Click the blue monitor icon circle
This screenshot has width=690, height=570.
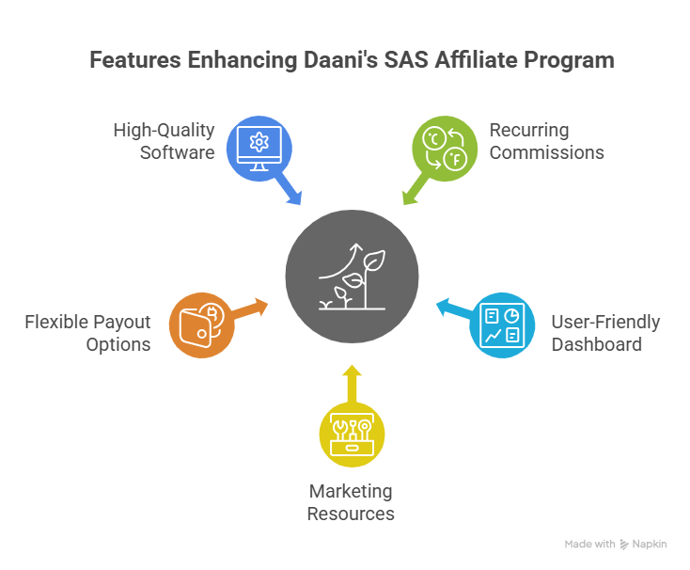pyautogui.click(x=257, y=145)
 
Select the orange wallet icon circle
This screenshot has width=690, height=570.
pyautogui.click(x=197, y=324)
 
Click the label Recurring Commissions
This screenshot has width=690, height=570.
pyautogui.click(x=546, y=140)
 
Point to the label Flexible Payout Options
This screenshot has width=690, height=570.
pyautogui.click(x=87, y=333)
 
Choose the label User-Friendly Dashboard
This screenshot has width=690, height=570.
pyautogui.click(x=604, y=333)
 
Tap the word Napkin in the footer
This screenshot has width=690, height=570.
pyautogui.click(x=650, y=545)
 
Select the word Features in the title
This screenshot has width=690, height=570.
pyautogui.click(x=135, y=60)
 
